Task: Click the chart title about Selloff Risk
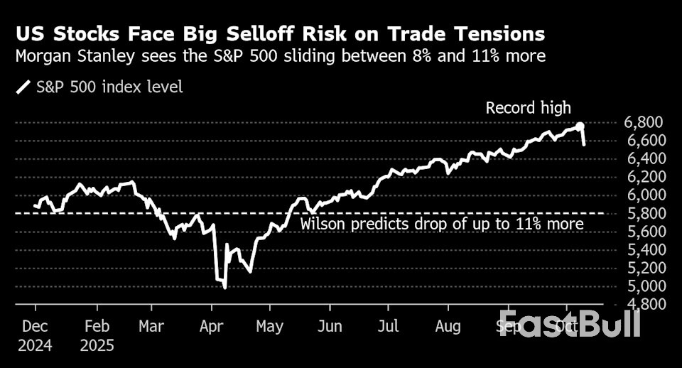[x=281, y=33]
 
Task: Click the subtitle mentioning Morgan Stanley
[x=281, y=56]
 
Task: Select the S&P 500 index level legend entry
[x=99, y=87]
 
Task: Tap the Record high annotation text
[x=528, y=108]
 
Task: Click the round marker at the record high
[x=580, y=126]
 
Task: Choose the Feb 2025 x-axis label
[x=96, y=336]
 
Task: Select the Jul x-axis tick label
[x=388, y=327]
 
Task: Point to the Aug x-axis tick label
[x=448, y=327]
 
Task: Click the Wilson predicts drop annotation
[x=441, y=224]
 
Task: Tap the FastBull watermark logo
[x=569, y=323]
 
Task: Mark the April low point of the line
[x=225, y=287]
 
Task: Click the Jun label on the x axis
[x=329, y=327]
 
